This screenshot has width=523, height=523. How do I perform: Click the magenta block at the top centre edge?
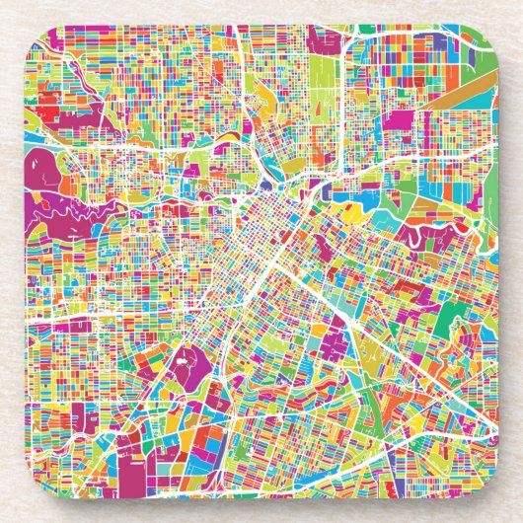(323, 38)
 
